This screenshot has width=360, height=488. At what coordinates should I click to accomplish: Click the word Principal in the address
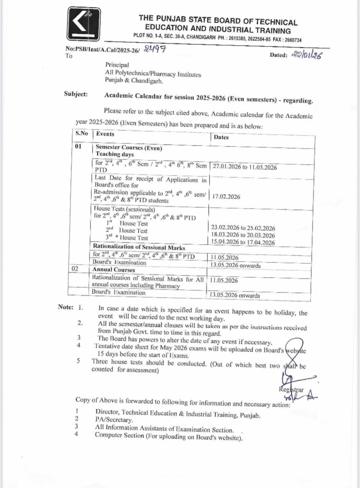[x=117, y=65]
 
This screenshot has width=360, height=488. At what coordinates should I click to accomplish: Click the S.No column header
[x=81, y=134]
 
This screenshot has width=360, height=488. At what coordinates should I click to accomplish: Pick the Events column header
[x=105, y=134]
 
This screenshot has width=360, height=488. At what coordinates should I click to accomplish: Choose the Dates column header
[x=221, y=137]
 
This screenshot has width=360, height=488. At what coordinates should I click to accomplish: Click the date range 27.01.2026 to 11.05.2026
[x=244, y=167]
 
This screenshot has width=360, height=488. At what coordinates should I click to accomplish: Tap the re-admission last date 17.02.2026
[x=226, y=196]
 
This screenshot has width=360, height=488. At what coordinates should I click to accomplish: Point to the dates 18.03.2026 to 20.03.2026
[x=243, y=235]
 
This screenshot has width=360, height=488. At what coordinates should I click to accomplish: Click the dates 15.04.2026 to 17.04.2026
[x=243, y=242]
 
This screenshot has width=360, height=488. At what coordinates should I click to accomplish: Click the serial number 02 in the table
[x=75, y=269]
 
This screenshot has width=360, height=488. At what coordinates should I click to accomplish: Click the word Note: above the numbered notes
[x=66, y=307]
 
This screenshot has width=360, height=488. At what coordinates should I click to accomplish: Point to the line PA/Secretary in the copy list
[x=114, y=419]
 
